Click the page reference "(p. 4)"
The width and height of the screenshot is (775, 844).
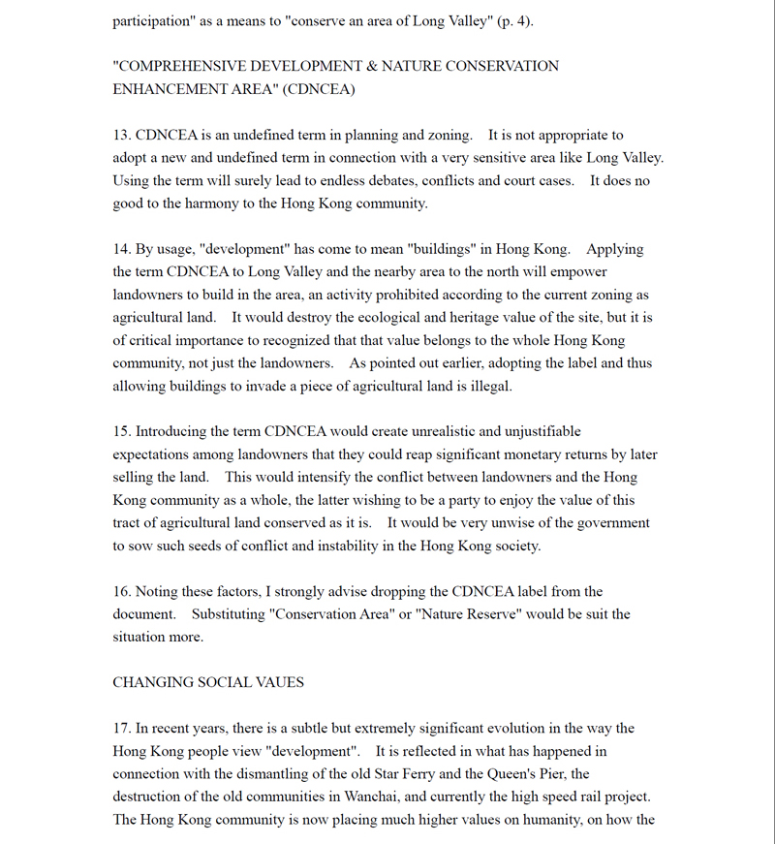click(x=511, y=21)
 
